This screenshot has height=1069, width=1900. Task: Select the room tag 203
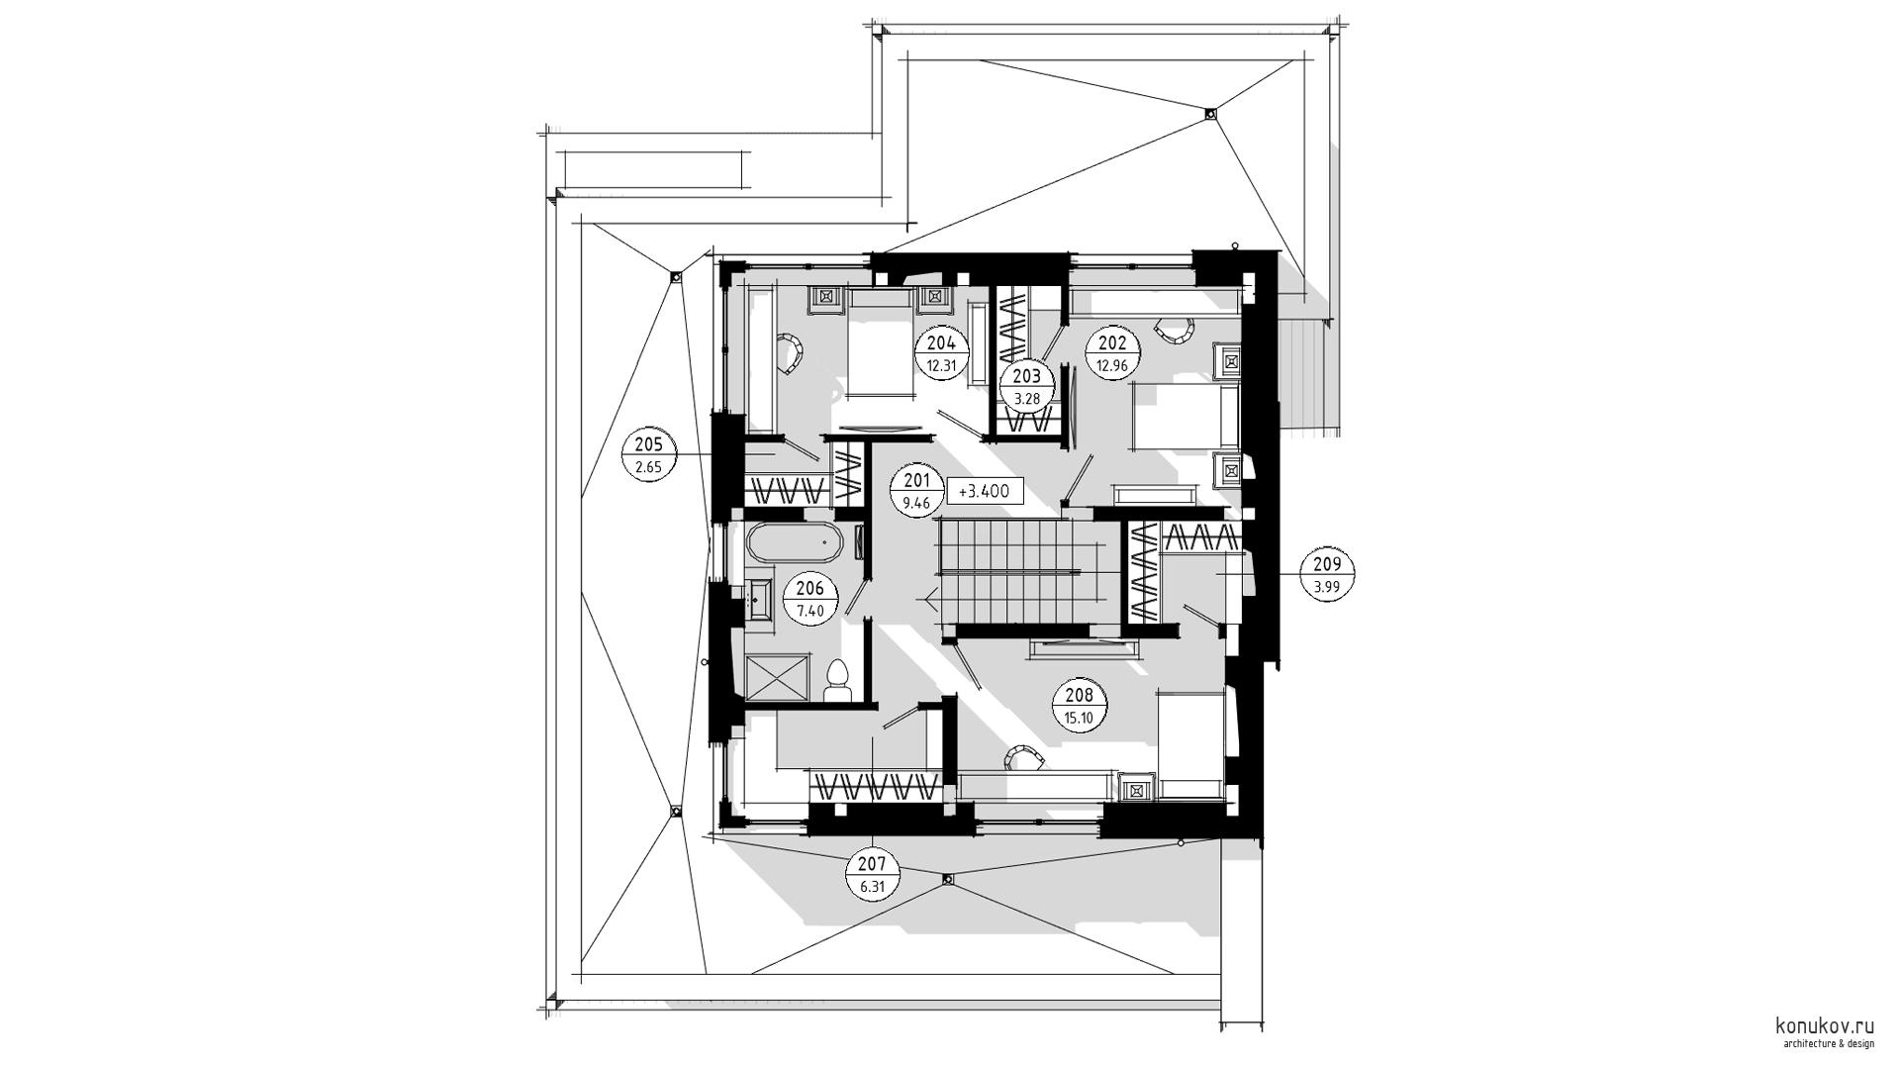tap(1027, 387)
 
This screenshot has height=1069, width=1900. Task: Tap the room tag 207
tap(872, 875)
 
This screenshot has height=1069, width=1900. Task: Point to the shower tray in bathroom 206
tap(777, 679)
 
